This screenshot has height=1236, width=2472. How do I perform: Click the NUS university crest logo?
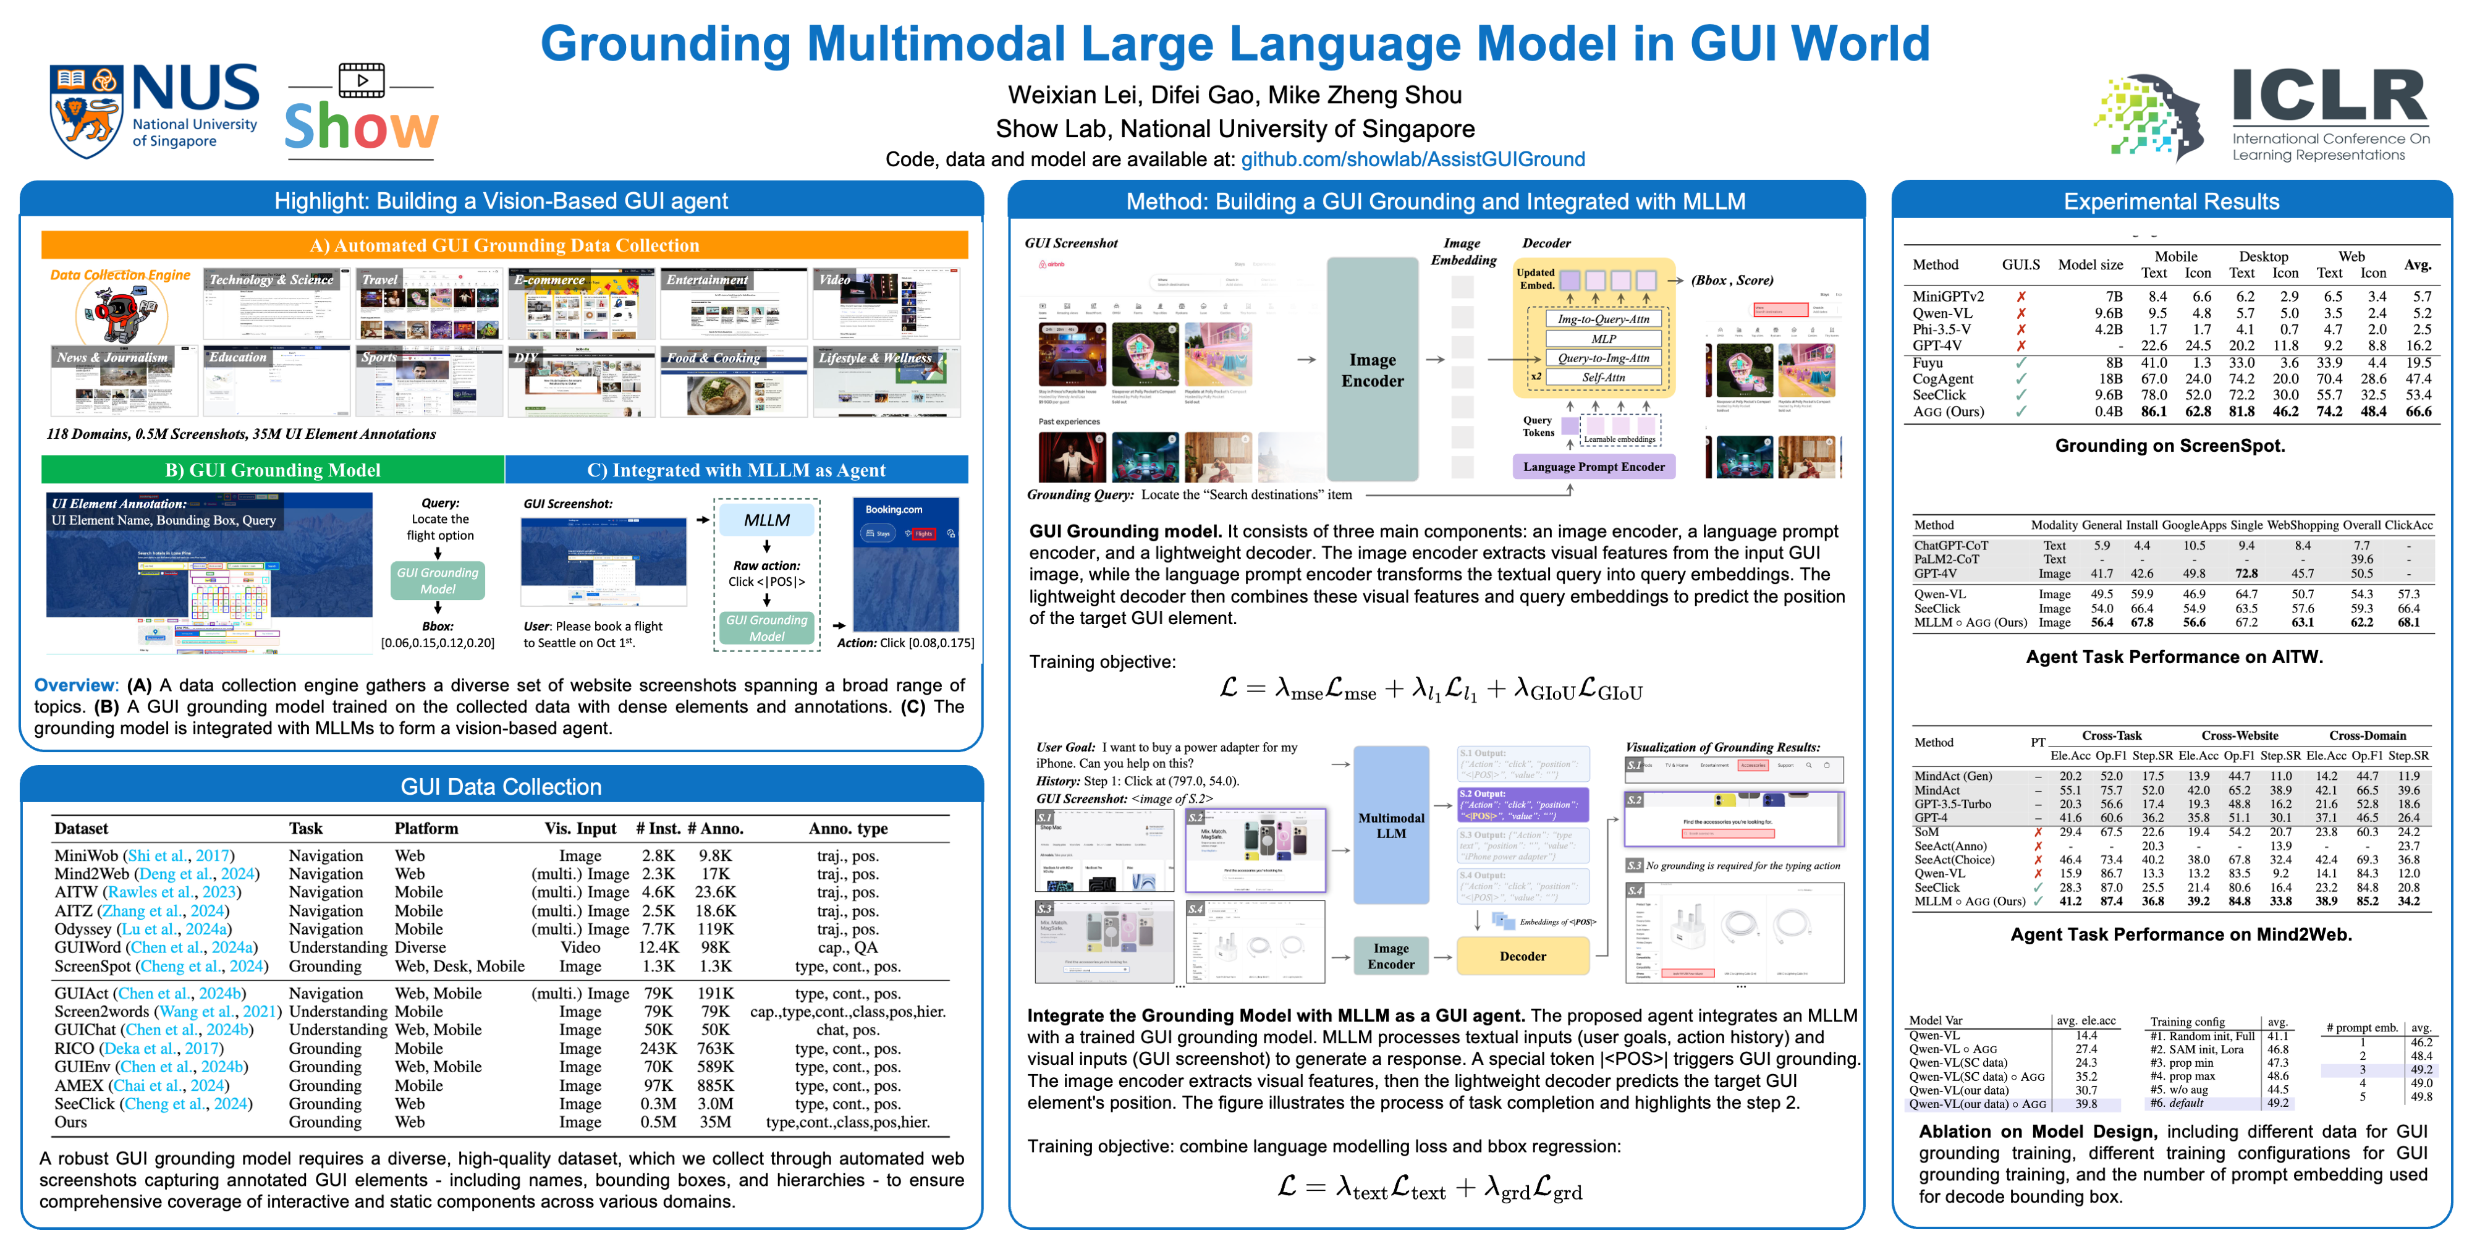[x=87, y=111]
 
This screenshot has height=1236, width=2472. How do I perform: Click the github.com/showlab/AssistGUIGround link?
[x=1413, y=159]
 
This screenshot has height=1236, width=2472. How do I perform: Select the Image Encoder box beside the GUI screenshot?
[x=1372, y=370]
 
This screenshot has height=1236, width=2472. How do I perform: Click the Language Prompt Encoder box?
[x=1593, y=467]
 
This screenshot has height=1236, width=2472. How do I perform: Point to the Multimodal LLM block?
[x=1390, y=825]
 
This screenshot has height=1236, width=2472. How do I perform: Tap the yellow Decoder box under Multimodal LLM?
[x=1522, y=956]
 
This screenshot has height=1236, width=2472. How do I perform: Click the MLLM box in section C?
[x=767, y=520]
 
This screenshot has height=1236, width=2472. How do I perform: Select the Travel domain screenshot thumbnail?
[x=429, y=304]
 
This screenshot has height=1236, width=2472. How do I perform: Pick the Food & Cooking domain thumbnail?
[x=733, y=382]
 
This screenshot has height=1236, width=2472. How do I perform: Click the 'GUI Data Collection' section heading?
[x=501, y=787]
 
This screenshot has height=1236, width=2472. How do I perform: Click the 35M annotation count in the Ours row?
[x=715, y=1122]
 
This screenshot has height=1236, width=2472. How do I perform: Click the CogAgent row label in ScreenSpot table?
[x=1942, y=379]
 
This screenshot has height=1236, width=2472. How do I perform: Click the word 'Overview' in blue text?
[x=75, y=685]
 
